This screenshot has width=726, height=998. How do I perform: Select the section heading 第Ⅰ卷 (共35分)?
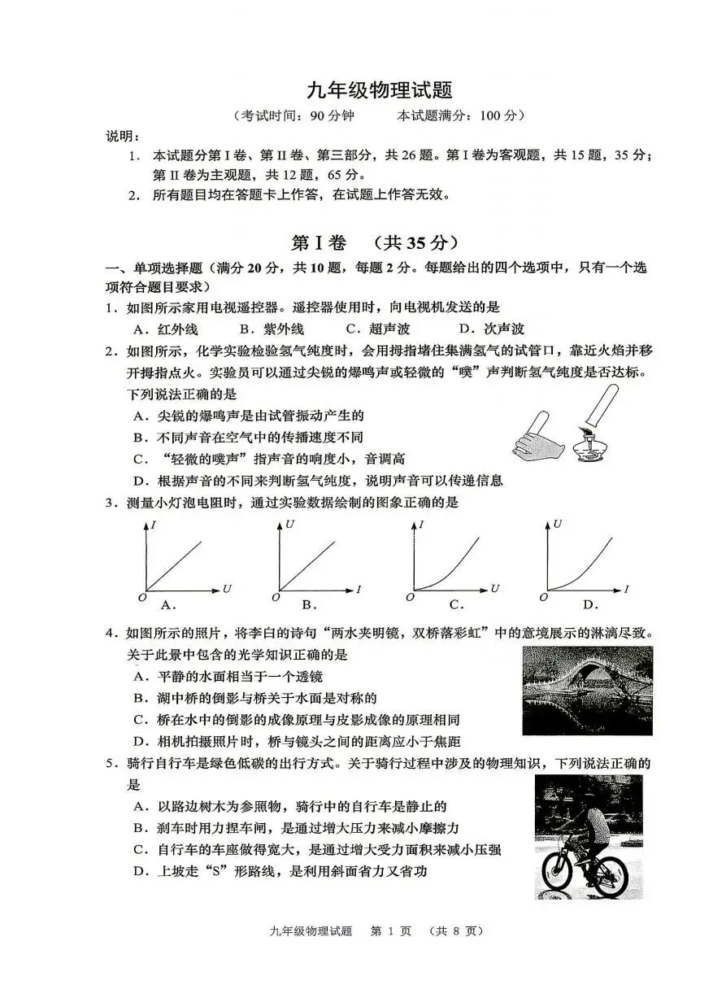pyautogui.click(x=375, y=242)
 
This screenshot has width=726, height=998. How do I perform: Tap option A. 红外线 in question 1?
pyautogui.click(x=166, y=329)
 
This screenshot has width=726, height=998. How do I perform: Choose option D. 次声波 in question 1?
pyautogui.click(x=492, y=329)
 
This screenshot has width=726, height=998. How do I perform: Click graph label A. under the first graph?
pyautogui.click(x=168, y=604)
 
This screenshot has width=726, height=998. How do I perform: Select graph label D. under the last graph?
pyautogui.click(x=590, y=604)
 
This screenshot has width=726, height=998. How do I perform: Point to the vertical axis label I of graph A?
pyautogui.click(x=153, y=525)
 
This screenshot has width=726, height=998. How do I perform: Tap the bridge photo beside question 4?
pyautogui.click(x=587, y=691)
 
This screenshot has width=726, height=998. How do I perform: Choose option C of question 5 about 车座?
pyautogui.click(x=317, y=849)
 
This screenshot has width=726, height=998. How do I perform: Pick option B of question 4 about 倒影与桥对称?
pyautogui.click(x=256, y=698)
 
